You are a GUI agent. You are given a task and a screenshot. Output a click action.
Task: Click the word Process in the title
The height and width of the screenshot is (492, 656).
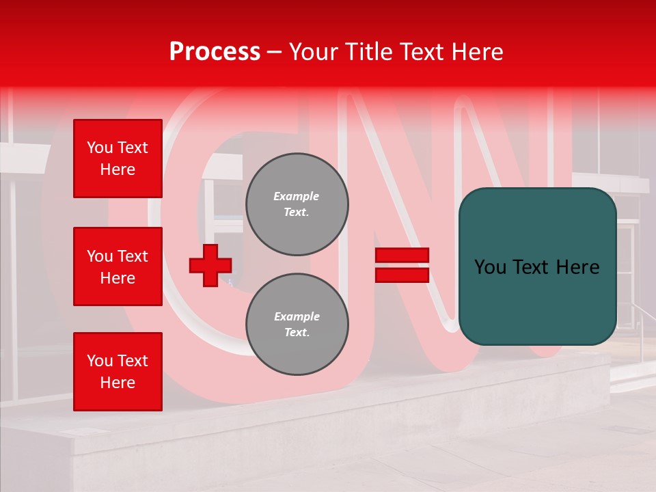click(x=215, y=52)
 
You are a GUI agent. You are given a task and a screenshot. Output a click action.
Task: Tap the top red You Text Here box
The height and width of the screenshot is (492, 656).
click(x=118, y=159)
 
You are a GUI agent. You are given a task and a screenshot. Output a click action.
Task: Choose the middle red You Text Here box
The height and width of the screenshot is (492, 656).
click(x=118, y=266)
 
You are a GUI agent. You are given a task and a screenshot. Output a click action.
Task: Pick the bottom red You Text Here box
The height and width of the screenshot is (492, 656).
click(x=118, y=372)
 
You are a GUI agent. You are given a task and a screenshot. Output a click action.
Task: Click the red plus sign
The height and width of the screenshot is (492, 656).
click(x=210, y=265)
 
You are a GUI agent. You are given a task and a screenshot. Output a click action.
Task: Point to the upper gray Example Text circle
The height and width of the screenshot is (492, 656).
click(x=297, y=204)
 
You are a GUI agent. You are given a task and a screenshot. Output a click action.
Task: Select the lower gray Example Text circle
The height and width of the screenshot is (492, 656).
click(x=297, y=325)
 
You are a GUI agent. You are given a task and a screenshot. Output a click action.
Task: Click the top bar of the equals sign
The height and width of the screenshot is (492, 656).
click(x=402, y=255)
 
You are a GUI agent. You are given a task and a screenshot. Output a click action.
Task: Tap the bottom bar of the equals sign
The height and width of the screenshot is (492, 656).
click(x=402, y=275)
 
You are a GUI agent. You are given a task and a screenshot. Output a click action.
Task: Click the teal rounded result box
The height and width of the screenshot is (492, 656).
click(x=537, y=266)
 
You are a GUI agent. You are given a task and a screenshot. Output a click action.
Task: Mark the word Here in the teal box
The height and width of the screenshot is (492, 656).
click(x=577, y=267)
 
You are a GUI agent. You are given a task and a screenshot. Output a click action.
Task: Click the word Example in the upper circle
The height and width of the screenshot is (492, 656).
click(x=297, y=197)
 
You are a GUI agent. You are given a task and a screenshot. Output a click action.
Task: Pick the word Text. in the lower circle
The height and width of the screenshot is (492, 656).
click(x=297, y=333)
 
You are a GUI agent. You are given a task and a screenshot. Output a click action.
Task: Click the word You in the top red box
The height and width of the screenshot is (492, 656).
click(x=99, y=148)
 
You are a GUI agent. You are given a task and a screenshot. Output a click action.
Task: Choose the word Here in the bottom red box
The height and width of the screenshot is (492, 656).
click(x=118, y=383)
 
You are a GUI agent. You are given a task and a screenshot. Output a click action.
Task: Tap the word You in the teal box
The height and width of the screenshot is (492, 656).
click(x=490, y=267)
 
